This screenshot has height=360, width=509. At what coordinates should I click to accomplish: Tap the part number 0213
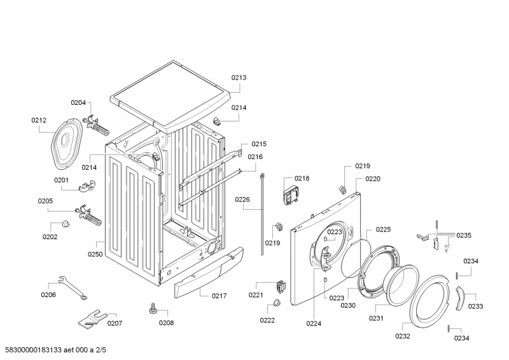tap(239, 78)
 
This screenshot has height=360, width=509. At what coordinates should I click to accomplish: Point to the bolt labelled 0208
tap(153, 308)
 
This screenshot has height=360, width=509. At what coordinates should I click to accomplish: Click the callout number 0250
tap(95, 254)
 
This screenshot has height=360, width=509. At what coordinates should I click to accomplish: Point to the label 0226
tap(242, 200)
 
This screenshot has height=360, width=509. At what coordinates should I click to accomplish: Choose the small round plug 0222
tap(277, 301)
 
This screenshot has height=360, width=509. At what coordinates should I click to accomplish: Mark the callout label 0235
tap(463, 235)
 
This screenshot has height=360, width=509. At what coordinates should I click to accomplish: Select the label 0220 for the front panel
tap(373, 179)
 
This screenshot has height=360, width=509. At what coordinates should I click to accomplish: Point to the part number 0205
tap(45, 201)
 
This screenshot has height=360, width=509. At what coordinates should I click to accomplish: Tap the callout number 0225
tap(383, 230)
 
